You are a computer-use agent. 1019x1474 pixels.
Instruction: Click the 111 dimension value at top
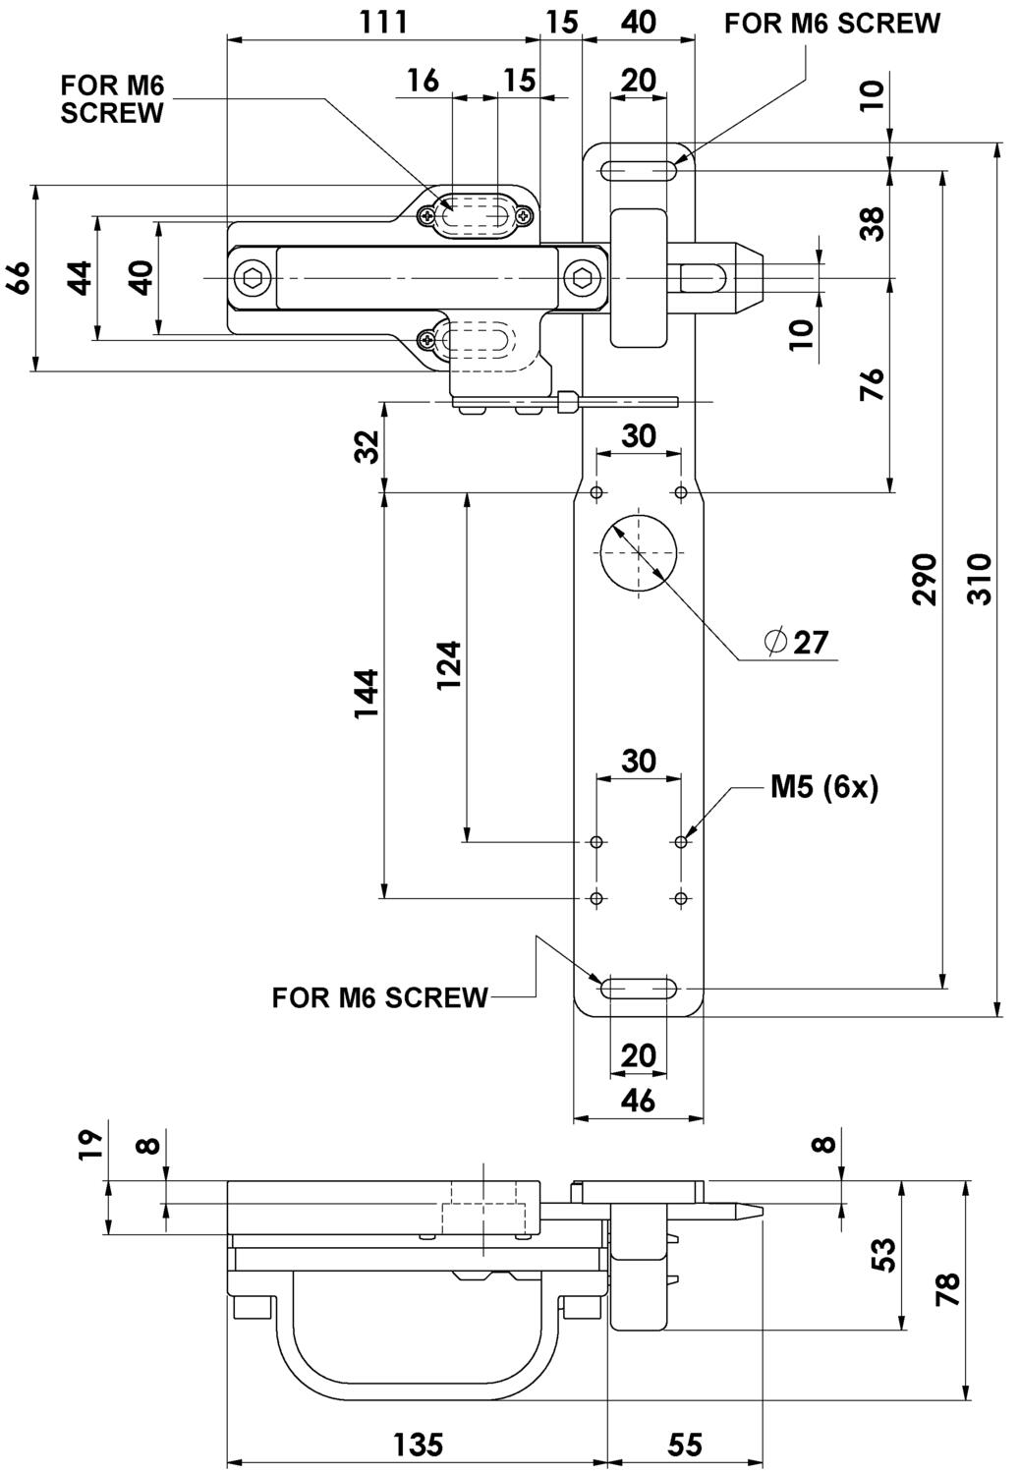point(382,22)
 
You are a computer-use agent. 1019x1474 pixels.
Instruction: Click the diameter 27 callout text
point(798,642)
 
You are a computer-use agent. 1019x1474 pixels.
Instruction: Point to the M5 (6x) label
point(823,787)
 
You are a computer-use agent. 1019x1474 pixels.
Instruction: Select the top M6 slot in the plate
point(639,171)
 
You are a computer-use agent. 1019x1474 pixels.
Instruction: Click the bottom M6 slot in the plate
point(639,988)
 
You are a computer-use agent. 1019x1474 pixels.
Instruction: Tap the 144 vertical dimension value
point(367,694)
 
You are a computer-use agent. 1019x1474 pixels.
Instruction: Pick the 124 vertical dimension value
point(449,665)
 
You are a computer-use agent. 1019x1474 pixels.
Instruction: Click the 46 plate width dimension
point(639,1100)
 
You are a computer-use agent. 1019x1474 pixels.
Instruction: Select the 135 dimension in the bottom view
point(419,1445)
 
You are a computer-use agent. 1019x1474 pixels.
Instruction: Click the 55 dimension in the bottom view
point(685,1445)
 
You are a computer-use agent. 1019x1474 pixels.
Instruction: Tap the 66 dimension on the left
point(19,278)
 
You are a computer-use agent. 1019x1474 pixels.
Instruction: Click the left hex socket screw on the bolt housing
point(255,278)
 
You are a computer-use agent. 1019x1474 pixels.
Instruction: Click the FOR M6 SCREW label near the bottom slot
point(379,997)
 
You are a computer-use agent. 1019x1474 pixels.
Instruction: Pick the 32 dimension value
point(368,447)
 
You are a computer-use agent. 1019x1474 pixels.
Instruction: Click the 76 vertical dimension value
point(872,383)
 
